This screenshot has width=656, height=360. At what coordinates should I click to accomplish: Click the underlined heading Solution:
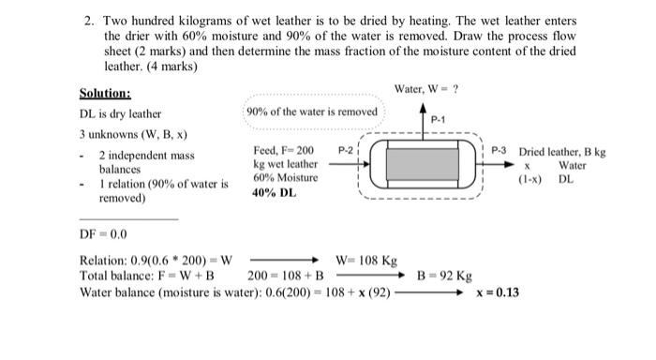(x=105, y=94)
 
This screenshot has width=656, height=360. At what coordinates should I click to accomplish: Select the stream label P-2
(x=345, y=150)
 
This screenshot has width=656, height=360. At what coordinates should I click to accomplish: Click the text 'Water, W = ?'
(x=429, y=89)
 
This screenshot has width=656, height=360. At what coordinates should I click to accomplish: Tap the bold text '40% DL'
(x=275, y=193)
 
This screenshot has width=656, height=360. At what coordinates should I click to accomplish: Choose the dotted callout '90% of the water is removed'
(x=311, y=112)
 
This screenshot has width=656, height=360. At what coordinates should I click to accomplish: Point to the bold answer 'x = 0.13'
(x=498, y=292)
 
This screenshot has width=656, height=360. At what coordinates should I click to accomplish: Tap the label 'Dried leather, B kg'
(x=562, y=151)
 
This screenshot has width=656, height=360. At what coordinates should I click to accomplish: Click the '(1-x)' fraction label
(x=531, y=178)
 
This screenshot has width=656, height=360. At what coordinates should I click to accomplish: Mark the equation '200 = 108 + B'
(x=286, y=277)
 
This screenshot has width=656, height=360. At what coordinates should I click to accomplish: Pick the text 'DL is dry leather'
(x=121, y=113)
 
